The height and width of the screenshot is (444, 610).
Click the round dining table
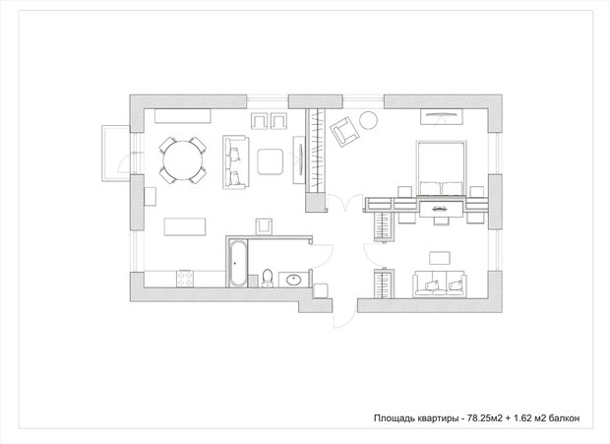click(x=182, y=159)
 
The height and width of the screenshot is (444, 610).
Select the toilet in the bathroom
click(x=268, y=278)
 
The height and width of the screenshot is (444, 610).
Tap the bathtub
click(x=237, y=264)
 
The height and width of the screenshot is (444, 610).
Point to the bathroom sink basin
click(x=293, y=280)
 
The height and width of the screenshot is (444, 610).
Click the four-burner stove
click(x=185, y=279)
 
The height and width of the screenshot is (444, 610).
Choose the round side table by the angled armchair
click(x=368, y=120)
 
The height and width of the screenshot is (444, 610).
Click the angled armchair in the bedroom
click(x=344, y=132)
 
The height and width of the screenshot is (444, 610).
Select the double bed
click(x=441, y=168)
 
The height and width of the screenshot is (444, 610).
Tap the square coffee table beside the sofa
click(x=270, y=161)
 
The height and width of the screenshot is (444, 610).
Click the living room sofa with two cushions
click(x=236, y=161)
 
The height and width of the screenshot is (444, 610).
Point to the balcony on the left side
click(x=115, y=154)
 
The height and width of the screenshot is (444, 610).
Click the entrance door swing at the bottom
click(x=344, y=314)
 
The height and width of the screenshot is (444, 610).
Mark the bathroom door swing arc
click(x=322, y=256)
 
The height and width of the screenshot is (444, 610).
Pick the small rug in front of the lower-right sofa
click(x=440, y=258)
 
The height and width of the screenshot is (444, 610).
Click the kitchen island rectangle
click(x=185, y=226)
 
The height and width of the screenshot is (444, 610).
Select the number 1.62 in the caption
click(x=522, y=418)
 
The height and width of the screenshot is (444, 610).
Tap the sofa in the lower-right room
click(x=440, y=284)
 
